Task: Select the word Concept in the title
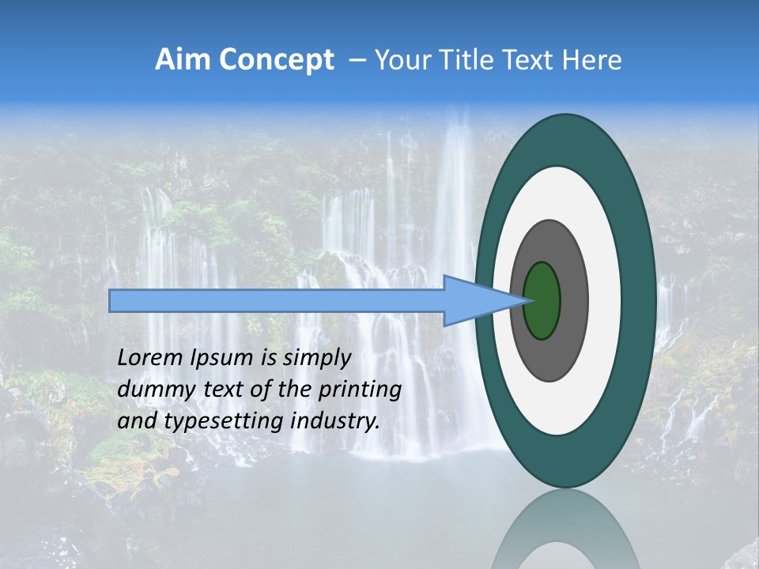pos(277,60)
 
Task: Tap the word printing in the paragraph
pos(358,390)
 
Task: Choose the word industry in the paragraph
pos(335,421)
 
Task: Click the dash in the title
pos(357,60)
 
